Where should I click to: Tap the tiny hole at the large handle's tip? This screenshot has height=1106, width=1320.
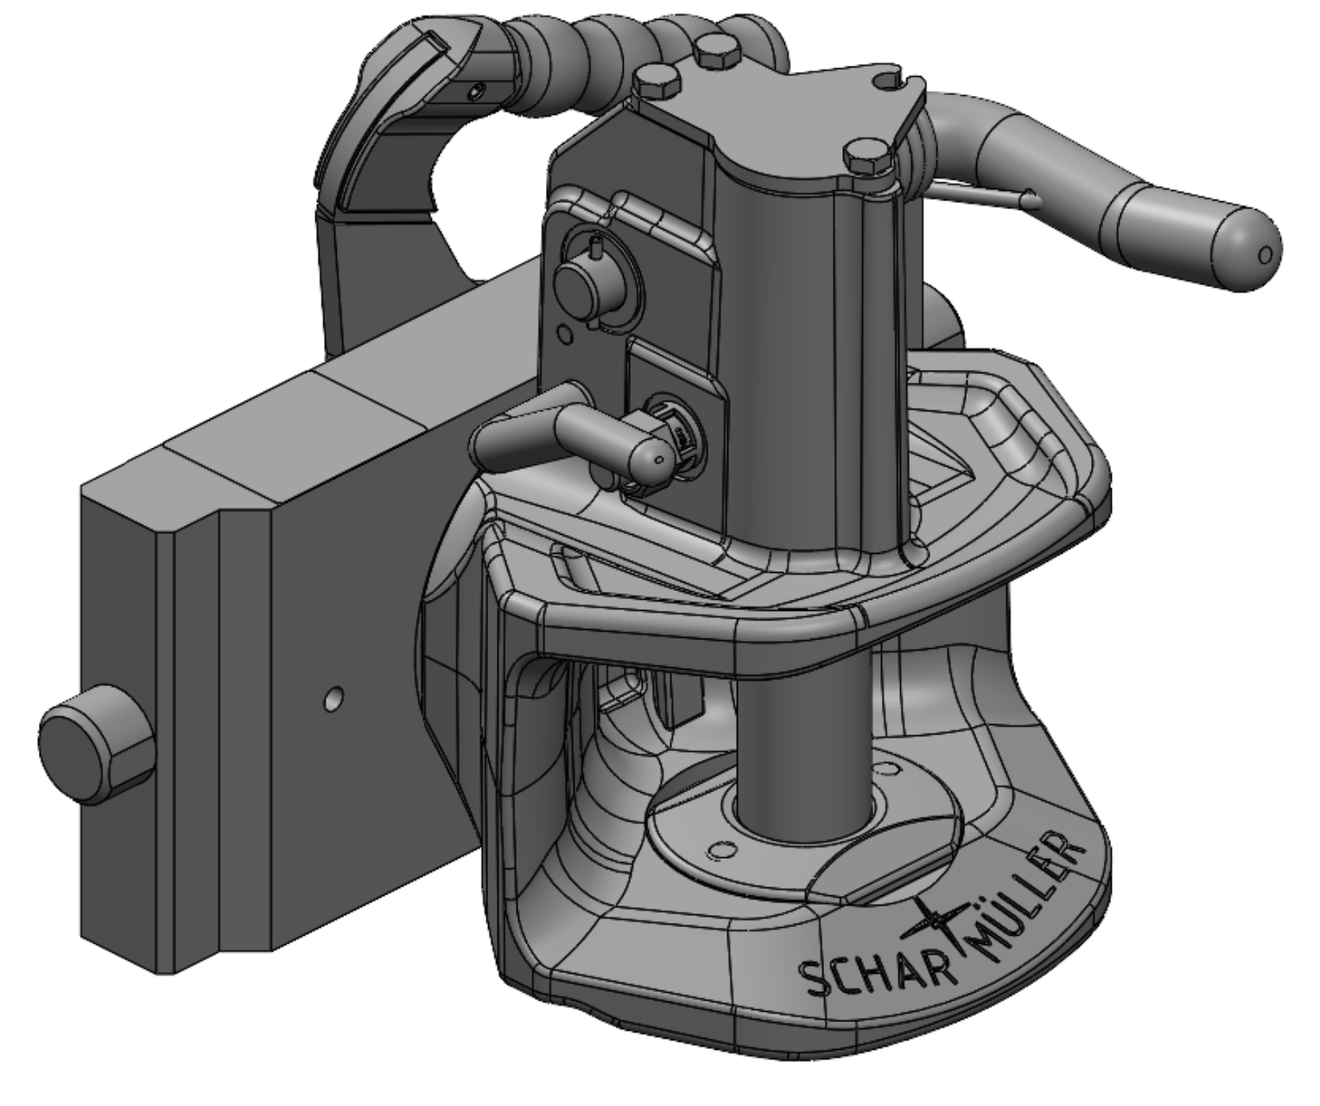pos(1266,255)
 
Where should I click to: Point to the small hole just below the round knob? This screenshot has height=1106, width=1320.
pos(565,333)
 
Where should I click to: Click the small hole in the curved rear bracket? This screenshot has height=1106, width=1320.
pos(473,88)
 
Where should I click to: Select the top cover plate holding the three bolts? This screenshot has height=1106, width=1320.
pos(777,121)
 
